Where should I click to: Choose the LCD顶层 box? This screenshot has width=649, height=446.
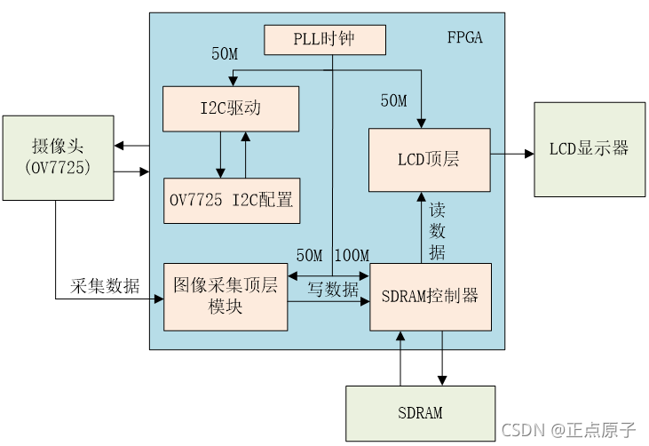429,160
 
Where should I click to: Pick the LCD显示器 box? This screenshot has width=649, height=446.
589,148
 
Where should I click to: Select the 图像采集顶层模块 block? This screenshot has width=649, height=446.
226,297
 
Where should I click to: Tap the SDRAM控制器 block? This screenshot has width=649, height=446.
431,297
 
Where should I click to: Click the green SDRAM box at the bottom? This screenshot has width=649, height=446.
420,413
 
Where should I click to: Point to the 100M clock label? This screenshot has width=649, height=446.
352,256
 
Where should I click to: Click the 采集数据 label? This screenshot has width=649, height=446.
105,286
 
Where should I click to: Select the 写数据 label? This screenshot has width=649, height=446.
333,289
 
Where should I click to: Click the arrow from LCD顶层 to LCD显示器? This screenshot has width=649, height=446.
512,154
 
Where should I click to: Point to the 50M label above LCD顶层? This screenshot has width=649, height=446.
393,101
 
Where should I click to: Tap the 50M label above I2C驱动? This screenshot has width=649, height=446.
224,54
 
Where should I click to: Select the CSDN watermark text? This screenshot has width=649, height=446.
568,429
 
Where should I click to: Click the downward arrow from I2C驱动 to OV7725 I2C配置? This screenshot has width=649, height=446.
219,155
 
